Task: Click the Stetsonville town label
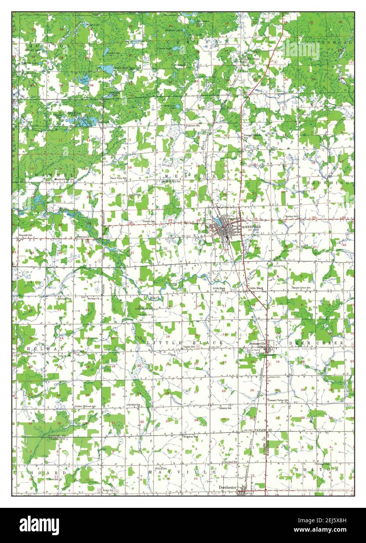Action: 257,343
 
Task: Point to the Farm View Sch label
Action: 119,178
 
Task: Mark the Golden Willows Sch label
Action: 85,406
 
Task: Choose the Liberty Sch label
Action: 225,408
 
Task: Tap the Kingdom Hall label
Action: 191,436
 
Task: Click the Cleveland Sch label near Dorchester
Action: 230,462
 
